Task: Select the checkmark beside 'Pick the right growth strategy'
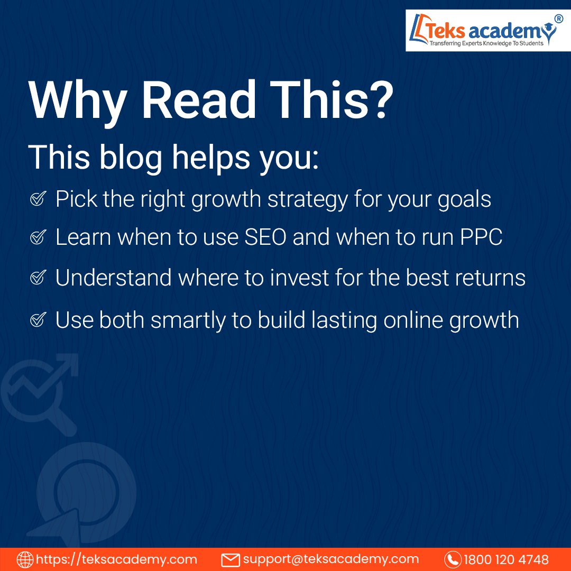37,199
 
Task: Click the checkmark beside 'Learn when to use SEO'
37,238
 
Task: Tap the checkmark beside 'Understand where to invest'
37,278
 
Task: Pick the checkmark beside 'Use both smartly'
37,320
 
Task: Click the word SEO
266,238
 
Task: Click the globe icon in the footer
24,559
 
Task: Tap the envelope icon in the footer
231,559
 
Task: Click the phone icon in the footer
453,559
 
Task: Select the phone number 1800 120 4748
506,559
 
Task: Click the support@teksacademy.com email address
330,559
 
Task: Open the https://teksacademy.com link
116,559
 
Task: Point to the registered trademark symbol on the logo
559,17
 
